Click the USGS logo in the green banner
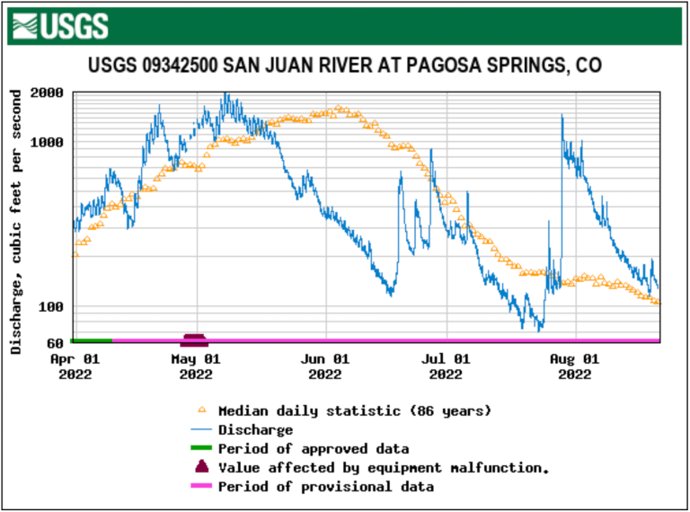tap(62, 25)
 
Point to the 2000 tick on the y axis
tap(46, 93)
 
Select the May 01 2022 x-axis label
tap(197, 366)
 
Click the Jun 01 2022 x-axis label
tap(324, 366)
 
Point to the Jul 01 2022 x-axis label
tap(447, 366)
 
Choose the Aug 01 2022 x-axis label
tap(575, 366)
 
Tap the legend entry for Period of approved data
tap(314, 449)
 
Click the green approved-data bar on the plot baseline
tap(91, 340)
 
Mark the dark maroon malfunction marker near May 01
tap(195, 339)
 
